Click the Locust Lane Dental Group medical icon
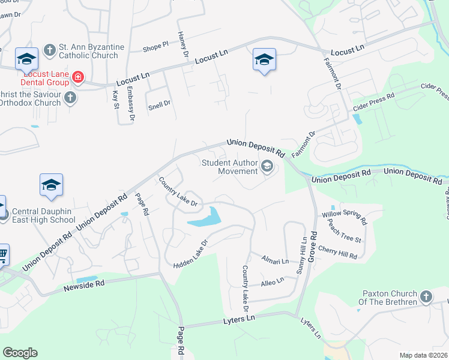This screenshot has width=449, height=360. point(77,77)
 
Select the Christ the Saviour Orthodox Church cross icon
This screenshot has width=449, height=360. point(70,98)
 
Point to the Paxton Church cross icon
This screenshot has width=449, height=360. point(426,296)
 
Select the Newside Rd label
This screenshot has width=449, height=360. point(84,286)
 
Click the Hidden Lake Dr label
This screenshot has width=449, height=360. point(190,254)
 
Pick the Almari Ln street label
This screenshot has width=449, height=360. point(275,260)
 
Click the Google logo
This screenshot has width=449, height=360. point(20,353)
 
